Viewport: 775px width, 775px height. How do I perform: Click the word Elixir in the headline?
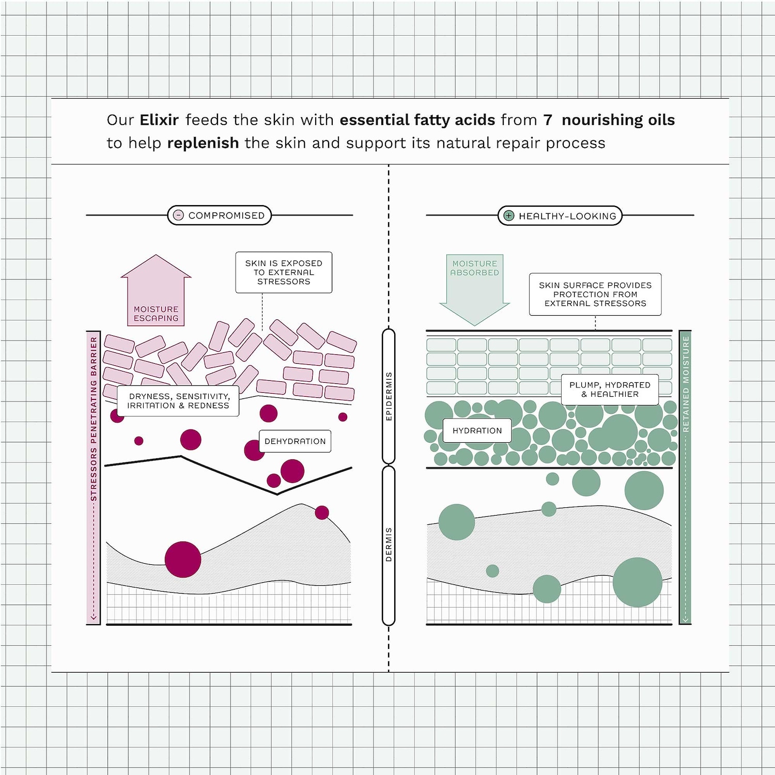tap(159, 120)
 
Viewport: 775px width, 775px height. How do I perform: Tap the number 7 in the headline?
tap(548, 120)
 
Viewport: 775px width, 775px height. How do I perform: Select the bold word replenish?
tap(203, 143)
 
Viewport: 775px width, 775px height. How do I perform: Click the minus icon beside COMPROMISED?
tap(178, 215)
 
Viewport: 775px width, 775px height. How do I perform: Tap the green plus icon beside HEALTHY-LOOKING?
tap(509, 215)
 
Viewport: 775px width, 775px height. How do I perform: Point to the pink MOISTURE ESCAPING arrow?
tap(156, 290)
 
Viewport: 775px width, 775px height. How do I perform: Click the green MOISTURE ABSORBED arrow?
tap(474, 289)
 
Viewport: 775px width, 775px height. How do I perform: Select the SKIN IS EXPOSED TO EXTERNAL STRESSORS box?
tap(284, 272)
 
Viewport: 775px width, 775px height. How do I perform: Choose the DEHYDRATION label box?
tap(295, 441)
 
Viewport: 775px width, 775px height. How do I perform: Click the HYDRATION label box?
tap(477, 430)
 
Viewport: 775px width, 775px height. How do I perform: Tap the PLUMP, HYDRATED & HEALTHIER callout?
tap(610, 390)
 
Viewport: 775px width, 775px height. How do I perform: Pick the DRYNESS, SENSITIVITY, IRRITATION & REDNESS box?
tap(178, 401)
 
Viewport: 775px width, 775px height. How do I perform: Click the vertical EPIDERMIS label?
tap(389, 396)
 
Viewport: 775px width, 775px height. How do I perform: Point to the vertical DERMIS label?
tap(389, 545)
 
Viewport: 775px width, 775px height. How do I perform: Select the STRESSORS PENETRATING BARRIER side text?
tap(94, 419)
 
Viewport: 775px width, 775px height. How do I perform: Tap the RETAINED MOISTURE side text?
tap(686, 384)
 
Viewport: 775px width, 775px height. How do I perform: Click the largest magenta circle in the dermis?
tap(183, 559)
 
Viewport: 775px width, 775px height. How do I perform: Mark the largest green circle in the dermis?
tap(638, 582)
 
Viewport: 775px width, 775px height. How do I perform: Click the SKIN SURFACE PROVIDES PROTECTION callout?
tap(595, 295)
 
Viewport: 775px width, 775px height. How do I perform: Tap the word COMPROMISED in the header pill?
tap(226, 215)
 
